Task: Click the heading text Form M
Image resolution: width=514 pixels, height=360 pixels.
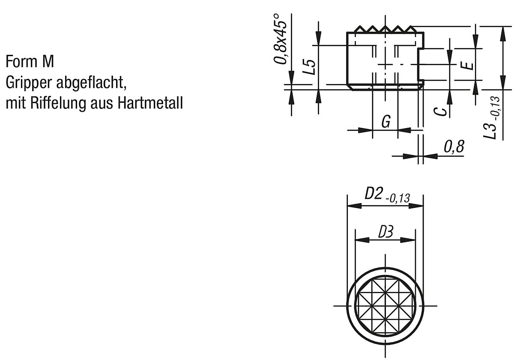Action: [30, 62]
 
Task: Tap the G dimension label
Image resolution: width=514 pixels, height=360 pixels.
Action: [385, 123]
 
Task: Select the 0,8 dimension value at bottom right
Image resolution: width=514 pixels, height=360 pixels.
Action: [453, 147]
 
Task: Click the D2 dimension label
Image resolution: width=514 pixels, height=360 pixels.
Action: [373, 194]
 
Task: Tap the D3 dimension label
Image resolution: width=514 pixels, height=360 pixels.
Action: [385, 232]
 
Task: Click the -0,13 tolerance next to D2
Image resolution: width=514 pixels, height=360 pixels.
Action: [397, 198]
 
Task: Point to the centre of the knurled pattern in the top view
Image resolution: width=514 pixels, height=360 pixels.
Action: [385, 306]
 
